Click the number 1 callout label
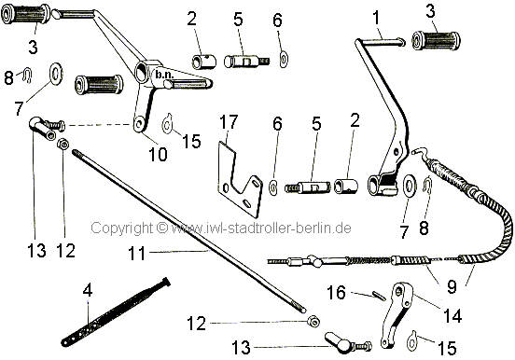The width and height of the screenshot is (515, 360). [x=376, y=18]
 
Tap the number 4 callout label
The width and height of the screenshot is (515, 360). [x=88, y=290]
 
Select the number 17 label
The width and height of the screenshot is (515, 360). [x=229, y=122]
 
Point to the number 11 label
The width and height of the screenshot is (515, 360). [x=136, y=254]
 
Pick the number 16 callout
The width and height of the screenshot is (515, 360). [x=337, y=292]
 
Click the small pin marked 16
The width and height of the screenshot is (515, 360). [x=379, y=295]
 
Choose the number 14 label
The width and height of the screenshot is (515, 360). [x=452, y=315]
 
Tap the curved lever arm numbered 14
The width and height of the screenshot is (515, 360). [x=396, y=314]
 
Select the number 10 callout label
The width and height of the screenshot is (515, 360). [x=158, y=154]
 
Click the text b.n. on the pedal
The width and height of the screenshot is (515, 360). [x=164, y=75]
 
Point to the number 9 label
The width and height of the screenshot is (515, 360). [x=452, y=286]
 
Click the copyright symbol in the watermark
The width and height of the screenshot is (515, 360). [x=162, y=228]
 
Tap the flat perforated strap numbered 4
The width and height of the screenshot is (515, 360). [x=116, y=312]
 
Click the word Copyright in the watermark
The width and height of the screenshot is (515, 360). [x=121, y=228]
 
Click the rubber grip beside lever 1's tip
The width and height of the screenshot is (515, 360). [x=436, y=40]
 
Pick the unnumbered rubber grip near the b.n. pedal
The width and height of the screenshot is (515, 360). [x=99, y=85]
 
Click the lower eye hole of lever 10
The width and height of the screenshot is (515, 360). [x=140, y=124]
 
